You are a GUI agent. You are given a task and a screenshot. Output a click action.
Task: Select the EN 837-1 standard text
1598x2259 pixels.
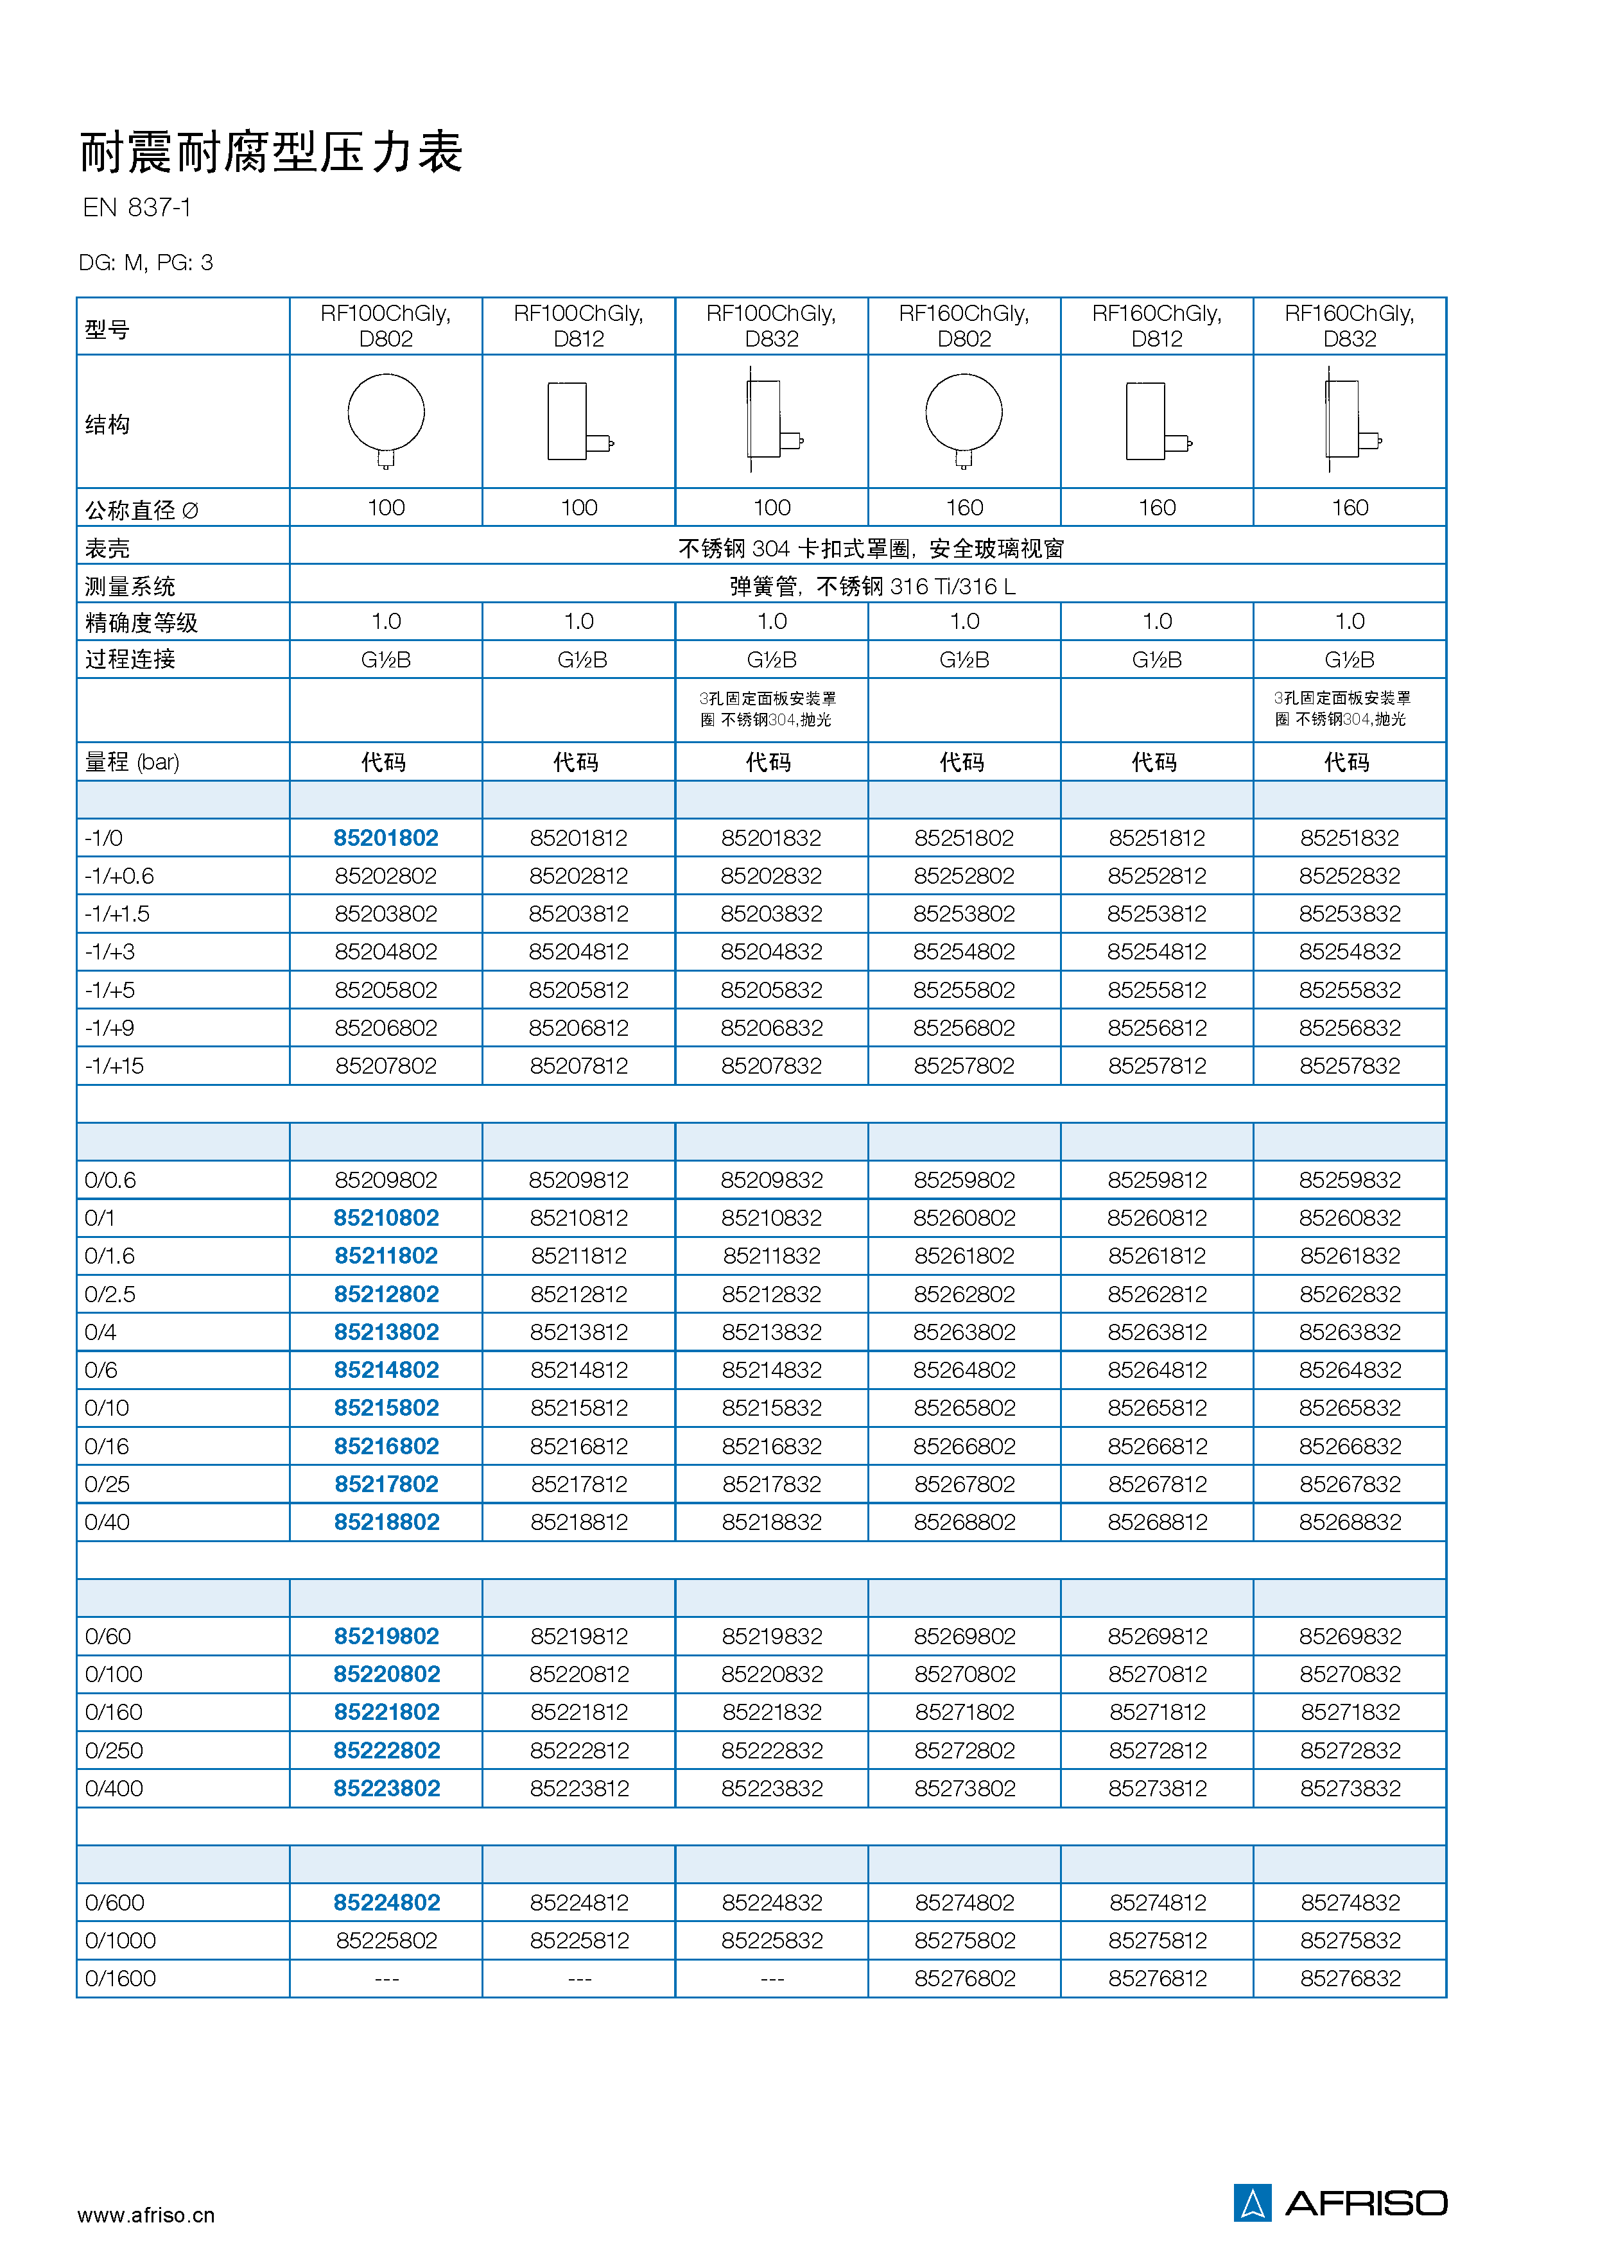click(x=137, y=207)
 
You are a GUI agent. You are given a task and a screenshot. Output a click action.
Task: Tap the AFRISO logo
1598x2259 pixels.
click(x=1340, y=2203)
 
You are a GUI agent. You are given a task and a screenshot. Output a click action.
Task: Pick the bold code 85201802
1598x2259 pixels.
click(x=386, y=838)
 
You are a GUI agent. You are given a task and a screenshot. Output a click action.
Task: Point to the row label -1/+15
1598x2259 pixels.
click(x=114, y=1065)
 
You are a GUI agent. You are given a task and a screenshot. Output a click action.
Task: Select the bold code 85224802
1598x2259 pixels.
click(x=386, y=1903)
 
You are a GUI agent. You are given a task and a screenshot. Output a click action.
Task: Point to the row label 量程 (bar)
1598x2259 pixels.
click(x=132, y=762)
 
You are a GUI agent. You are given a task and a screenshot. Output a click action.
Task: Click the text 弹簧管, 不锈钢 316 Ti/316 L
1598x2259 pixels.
click(x=872, y=587)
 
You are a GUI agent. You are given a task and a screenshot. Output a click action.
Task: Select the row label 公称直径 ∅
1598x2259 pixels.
click(x=142, y=510)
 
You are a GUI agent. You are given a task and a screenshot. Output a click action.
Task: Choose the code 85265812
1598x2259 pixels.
click(x=1156, y=1408)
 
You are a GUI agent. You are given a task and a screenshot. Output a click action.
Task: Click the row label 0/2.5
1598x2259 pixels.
click(x=110, y=1294)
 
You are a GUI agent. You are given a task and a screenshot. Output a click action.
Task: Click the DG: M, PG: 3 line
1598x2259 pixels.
click(x=146, y=262)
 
